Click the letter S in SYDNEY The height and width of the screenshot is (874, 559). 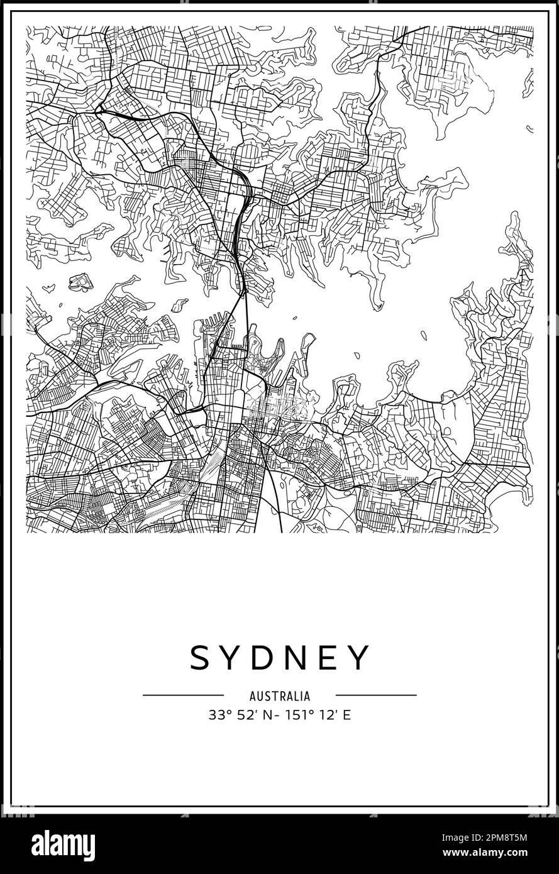tap(203, 658)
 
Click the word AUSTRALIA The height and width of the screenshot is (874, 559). tap(279, 696)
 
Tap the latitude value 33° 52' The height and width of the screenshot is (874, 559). tap(231, 715)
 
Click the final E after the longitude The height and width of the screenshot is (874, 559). tap(346, 715)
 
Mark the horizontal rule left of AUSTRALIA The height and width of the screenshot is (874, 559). tap(183, 695)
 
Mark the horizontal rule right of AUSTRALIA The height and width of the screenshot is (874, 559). tap(376, 695)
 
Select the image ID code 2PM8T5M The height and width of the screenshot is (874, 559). tap(510, 837)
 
